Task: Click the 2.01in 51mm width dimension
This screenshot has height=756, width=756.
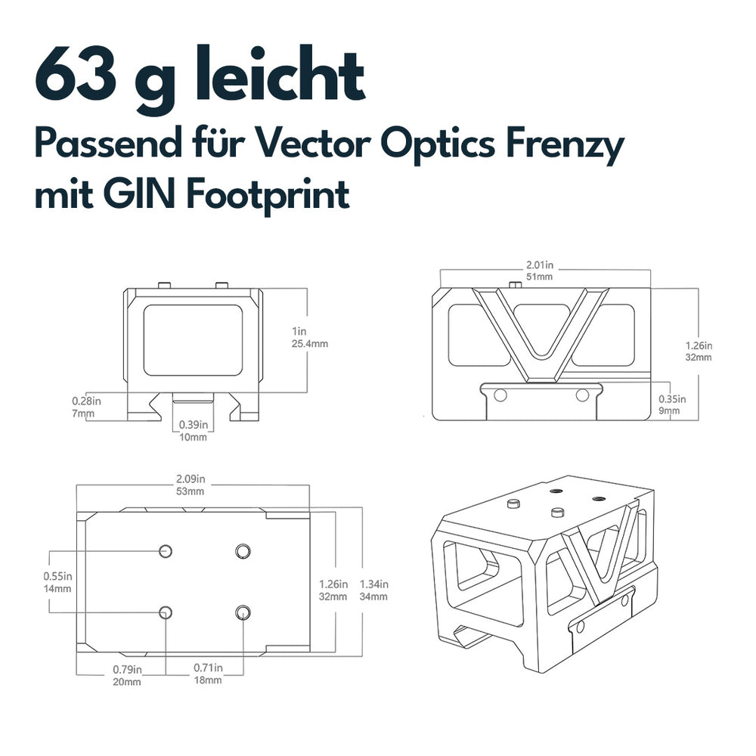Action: click(540, 271)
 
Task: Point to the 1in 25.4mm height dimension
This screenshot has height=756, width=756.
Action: click(309, 337)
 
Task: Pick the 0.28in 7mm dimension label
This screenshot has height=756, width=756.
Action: click(86, 407)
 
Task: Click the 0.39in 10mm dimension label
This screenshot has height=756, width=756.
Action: click(194, 431)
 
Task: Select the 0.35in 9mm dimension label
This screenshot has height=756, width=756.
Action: click(672, 404)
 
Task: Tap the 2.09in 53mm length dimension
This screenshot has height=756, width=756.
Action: click(191, 485)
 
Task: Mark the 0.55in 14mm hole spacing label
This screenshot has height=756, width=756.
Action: click(57, 582)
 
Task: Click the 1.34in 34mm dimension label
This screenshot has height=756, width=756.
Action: click(373, 590)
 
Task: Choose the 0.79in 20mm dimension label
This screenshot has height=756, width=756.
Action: click(127, 675)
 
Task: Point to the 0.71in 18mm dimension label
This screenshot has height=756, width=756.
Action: click(209, 674)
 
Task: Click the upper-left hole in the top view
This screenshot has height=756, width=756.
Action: click(166, 550)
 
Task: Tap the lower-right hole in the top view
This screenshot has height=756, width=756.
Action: click(243, 612)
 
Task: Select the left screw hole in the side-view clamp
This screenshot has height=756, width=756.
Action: click(500, 395)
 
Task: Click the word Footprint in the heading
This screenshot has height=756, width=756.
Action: click(268, 196)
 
